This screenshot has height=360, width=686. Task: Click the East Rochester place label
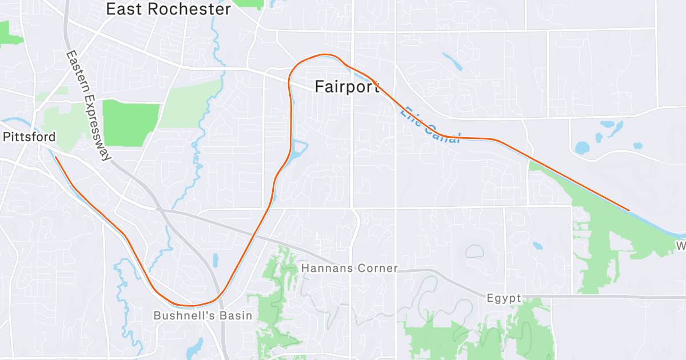click(x=169, y=9)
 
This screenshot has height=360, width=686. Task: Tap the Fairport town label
click(x=347, y=86)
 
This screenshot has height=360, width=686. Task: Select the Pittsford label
click(x=29, y=137)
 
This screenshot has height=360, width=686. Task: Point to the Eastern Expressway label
click(x=87, y=106)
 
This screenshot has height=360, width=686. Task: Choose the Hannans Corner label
click(x=349, y=268)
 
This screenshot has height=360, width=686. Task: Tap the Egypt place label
click(x=504, y=298)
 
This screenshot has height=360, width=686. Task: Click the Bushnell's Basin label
click(x=203, y=315)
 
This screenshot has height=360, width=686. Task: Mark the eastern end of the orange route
click(x=629, y=210)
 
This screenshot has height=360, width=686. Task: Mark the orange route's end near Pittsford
click(x=55, y=157)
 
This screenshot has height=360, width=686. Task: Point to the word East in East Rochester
click(x=125, y=9)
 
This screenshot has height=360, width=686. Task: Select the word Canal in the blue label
click(x=442, y=132)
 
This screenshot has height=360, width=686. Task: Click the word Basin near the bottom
click(x=236, y=315)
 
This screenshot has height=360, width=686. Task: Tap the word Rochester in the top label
click(x=190, y=9)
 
